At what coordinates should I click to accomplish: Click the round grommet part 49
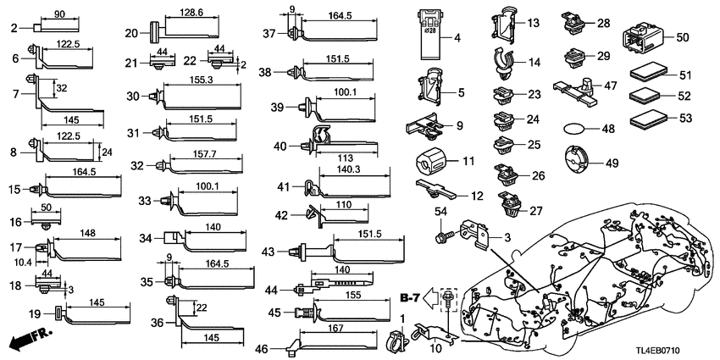pos(580,161)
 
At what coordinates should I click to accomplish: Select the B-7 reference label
pos(412,296)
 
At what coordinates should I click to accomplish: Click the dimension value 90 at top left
pos(59,15)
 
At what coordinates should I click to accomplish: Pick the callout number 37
pos(268,34)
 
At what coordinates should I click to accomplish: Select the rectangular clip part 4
pos(432,36)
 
